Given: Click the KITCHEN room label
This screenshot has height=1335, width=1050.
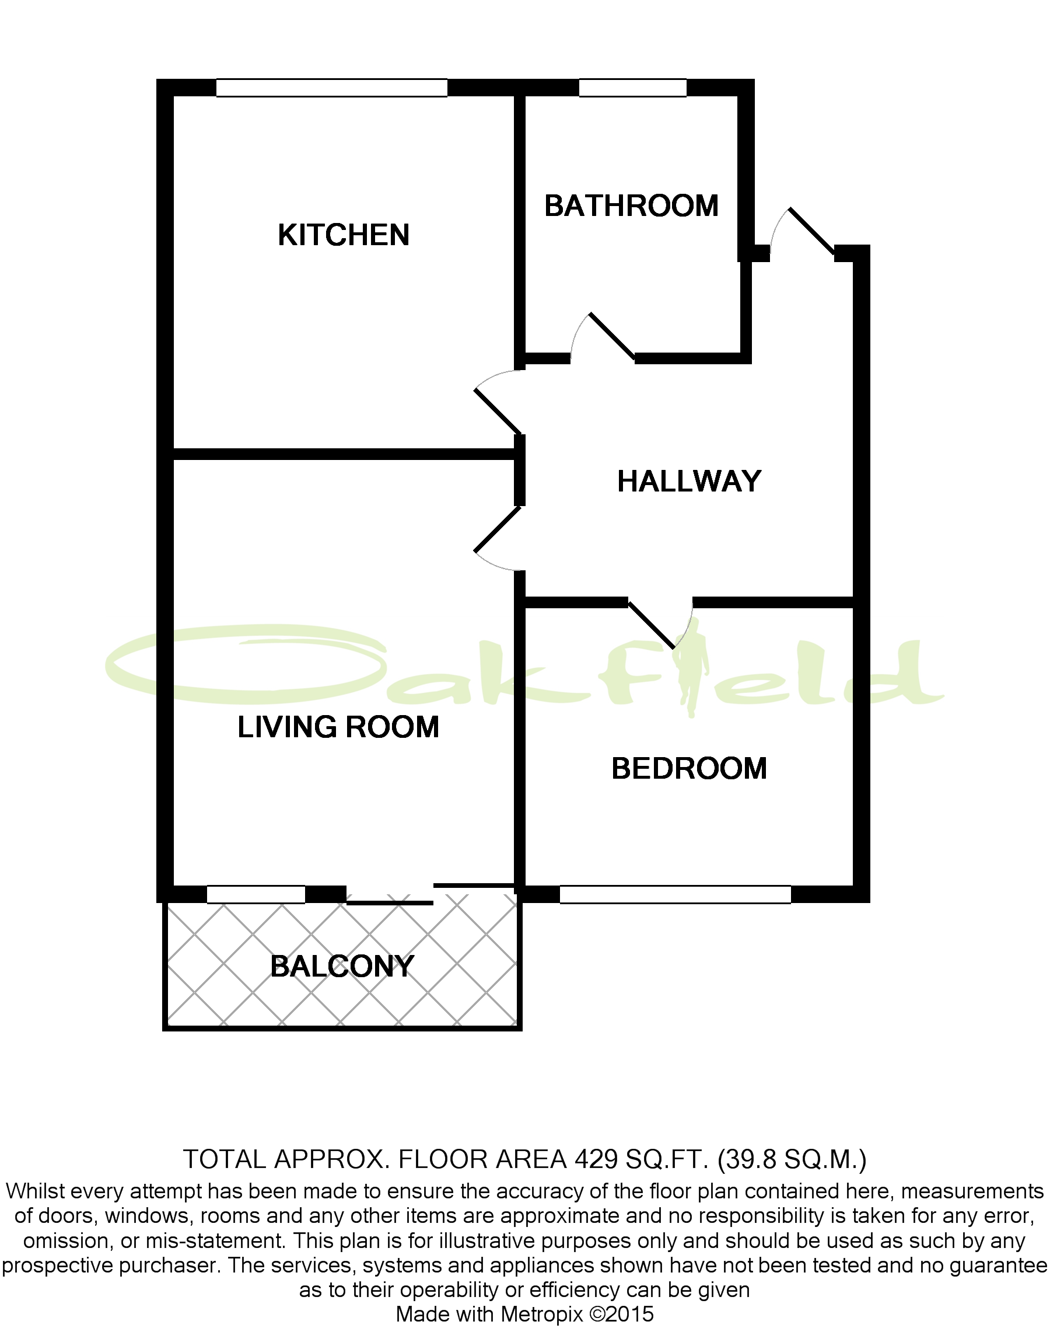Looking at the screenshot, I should (x=343, y=235).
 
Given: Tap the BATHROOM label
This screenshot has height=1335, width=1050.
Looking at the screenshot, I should (x=631, y=206).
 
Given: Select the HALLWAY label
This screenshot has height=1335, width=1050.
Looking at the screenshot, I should (x=688, y=481).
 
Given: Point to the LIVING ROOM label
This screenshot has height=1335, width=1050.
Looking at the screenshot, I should (x=338, y=727).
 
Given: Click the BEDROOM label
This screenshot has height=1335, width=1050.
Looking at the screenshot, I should (x=688, y=768).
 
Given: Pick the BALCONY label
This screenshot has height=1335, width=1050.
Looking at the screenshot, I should (x=342, y=967).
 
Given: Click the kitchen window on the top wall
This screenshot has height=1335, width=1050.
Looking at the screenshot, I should (x=331, y=88).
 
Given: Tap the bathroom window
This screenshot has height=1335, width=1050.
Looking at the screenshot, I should (x=632, y=88).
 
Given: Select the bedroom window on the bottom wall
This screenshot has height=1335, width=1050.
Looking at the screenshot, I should (x=674, y=894).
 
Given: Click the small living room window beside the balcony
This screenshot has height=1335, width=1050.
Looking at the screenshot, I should (x=256, y=894).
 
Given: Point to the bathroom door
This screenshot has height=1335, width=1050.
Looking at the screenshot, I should (x=612, y=336).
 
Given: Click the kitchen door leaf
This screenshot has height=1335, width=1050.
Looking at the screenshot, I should (x=498, y=412).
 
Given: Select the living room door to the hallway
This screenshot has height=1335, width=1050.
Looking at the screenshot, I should (x=498, y=529).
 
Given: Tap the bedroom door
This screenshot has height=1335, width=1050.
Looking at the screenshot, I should (x=652, y=625).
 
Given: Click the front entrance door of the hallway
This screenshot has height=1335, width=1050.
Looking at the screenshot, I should (x=811, y=231).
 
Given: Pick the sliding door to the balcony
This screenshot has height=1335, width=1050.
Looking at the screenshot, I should (x=390, y=902).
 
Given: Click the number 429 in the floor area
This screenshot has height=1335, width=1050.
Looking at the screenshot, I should (x=596, y=1160).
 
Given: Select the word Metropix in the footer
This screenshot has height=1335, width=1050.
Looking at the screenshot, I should (x=541, y=1313).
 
